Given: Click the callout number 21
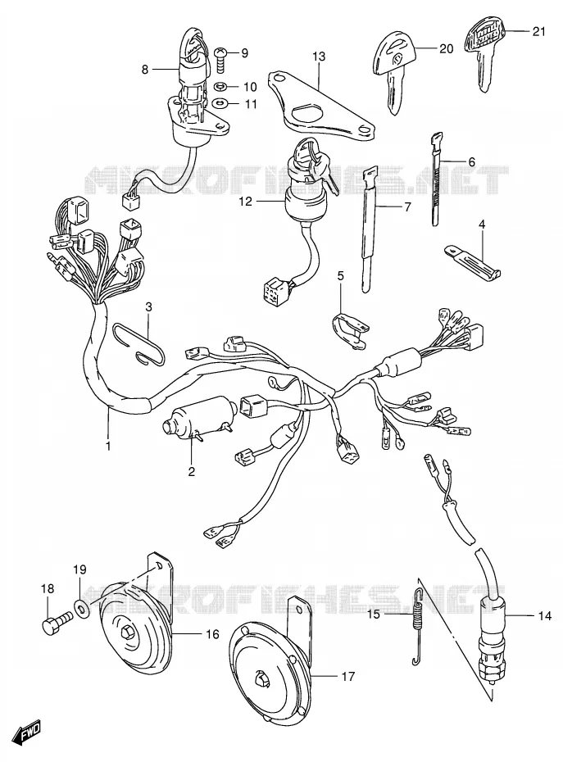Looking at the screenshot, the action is pos(538,32).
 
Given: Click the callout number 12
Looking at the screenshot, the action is pos(246,201).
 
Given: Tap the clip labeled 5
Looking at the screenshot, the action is pos(348,331).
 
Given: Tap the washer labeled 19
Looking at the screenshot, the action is pos(81,606).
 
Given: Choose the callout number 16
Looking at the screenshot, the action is pos(212,633).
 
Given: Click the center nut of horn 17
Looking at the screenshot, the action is pos(261,678).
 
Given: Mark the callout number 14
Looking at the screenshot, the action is pos(545,615).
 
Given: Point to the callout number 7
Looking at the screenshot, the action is pos(406,206).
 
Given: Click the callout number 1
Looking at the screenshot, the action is pos(108,445).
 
